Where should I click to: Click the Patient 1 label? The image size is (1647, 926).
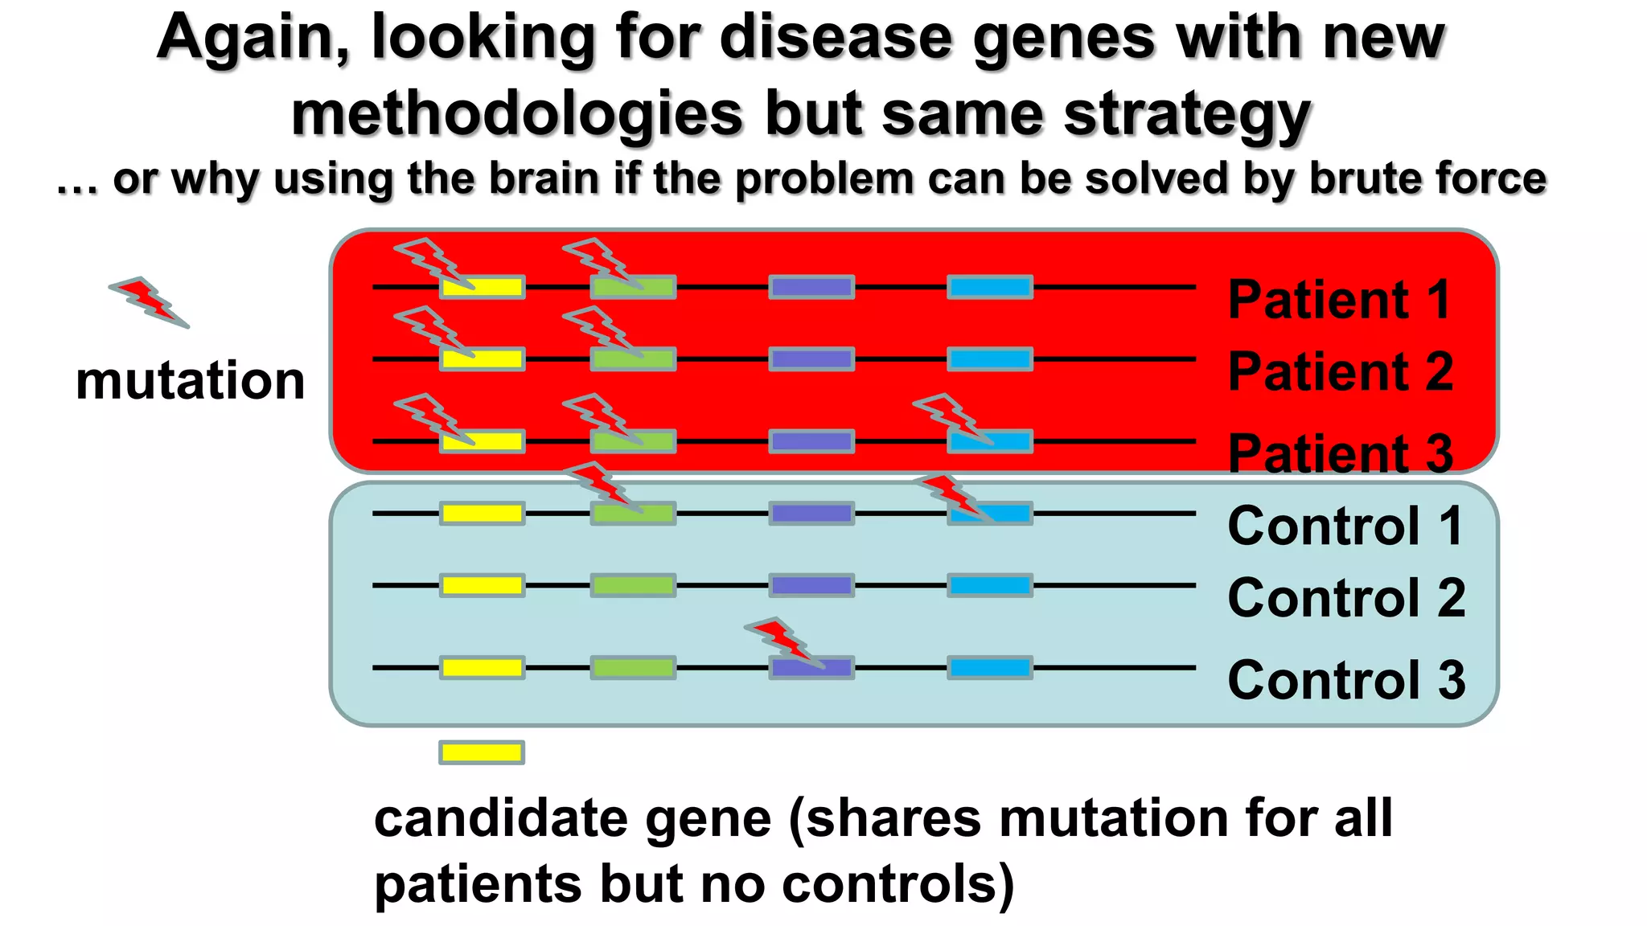[1339, 300]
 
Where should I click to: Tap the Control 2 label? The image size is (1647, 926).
[1346, 598]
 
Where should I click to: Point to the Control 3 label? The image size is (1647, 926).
[1346, 680]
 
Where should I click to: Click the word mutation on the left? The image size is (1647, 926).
[190, 380]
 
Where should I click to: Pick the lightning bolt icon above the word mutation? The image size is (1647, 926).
[150, 302]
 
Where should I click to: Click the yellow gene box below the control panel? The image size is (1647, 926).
[482, 752]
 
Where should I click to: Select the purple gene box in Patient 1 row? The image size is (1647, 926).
[811, 287]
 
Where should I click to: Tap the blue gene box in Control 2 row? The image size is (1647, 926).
[990, 585]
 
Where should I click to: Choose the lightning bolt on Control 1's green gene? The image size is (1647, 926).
[602, 487]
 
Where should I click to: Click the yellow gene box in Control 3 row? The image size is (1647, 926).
[482, 668]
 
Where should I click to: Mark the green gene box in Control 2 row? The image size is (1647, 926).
[633, 585]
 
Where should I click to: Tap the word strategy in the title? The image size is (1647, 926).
[1187, 114]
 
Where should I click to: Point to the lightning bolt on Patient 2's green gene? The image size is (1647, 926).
[602, 330]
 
